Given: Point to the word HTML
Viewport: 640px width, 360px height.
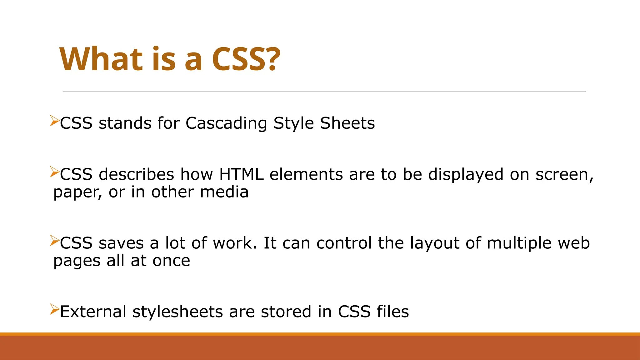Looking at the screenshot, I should click(241, 174).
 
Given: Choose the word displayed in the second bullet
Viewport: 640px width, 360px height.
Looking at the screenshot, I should click(466, 174).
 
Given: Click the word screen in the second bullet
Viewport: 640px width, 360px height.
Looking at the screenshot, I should click(563, 174).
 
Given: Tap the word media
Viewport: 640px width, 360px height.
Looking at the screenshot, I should click(224, 192).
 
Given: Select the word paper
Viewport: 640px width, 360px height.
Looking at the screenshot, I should click(77, 192).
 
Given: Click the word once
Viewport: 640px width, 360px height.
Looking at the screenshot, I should click(171, 261).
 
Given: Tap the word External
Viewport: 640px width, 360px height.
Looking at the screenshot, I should click(93, 312).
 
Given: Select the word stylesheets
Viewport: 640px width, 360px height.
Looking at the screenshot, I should click(177, 312).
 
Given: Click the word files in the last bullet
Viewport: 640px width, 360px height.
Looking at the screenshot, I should click(392, 312).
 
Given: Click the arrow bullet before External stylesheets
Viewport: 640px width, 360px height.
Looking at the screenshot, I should click(54, 309).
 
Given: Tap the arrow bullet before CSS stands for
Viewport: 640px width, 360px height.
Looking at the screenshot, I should click(54, 121).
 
